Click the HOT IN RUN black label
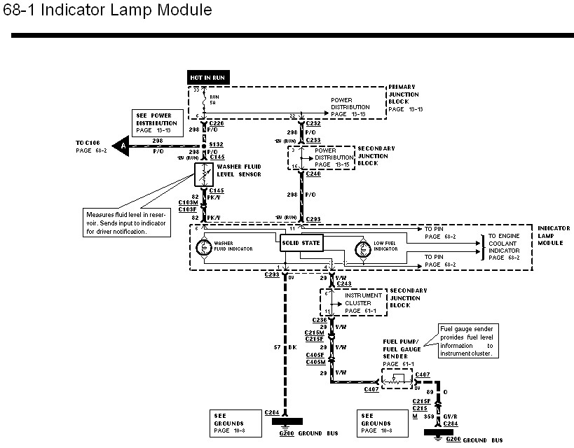pyautogui.click(x=208, y=78)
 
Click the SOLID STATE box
pyautogui.click(x=301, y=243)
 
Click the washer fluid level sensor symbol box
pyautogui.click(x=204, y=174)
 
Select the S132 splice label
pyautogui.click(x=217, y=145)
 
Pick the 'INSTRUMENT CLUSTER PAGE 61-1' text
pyautogui.click(x=363, y=303)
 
